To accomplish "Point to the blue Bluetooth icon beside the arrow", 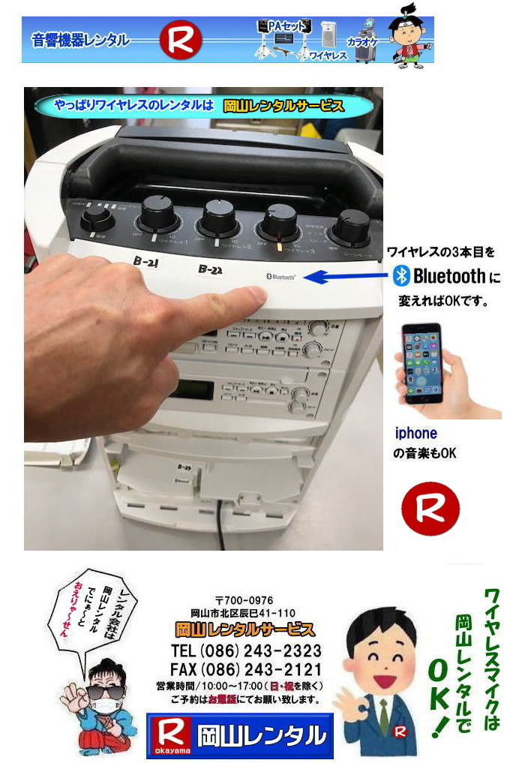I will coord(403,276).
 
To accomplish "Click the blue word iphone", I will coord(415,433).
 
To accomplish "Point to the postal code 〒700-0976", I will coord(244,600).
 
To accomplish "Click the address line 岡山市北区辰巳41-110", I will coord(244,612).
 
